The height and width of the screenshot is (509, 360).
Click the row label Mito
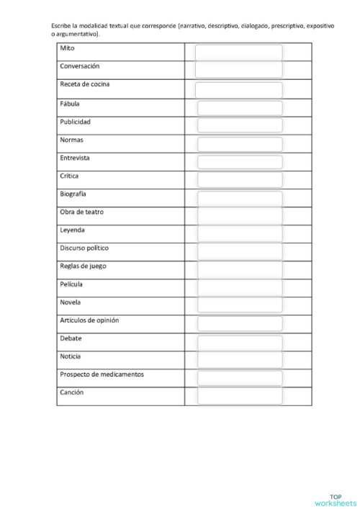point(67,48)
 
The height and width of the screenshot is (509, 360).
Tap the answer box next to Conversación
point(238,70)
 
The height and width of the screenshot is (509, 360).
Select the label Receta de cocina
point(84,84)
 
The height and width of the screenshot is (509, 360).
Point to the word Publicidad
point(75,122)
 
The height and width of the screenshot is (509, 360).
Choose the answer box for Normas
point(240,144)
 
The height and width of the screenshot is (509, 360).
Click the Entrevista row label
point(75,158)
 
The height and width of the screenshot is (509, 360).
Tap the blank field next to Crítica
point(240,180)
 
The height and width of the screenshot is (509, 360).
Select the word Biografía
point(74,194)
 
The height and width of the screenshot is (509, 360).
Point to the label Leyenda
point(72,230)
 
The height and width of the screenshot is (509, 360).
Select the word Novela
point(70,302)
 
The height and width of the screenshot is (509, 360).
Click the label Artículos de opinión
point(89,320)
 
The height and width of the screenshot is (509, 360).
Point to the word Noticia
point(71,356)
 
